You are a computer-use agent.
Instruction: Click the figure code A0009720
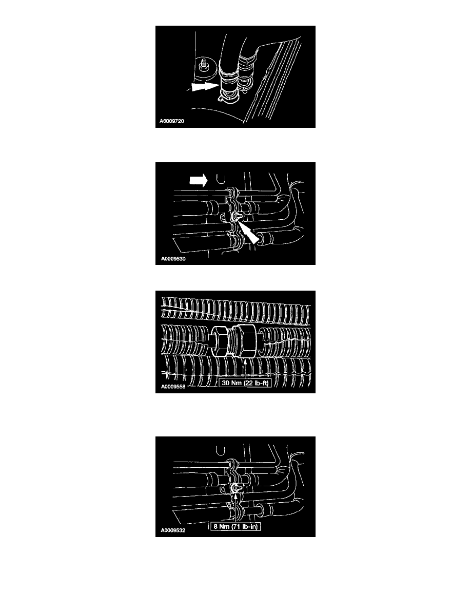tap(172, 121)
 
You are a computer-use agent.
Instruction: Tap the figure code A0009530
tap(173, 259)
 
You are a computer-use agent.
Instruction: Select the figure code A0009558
tap(173, 387)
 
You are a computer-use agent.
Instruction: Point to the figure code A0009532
tap(173, 530)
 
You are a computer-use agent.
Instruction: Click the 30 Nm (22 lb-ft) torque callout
tap(245, 383)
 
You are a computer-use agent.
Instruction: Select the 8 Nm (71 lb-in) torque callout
tap(235, 526)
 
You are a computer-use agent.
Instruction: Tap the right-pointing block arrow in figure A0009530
tap(199, 180)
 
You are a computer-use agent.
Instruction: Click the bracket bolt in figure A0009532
tap(237, 489)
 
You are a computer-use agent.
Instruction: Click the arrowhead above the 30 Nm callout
tap(245, 361)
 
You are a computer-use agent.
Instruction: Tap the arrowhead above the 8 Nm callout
tap(235, 497)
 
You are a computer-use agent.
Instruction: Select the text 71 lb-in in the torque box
tap(246, 526)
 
